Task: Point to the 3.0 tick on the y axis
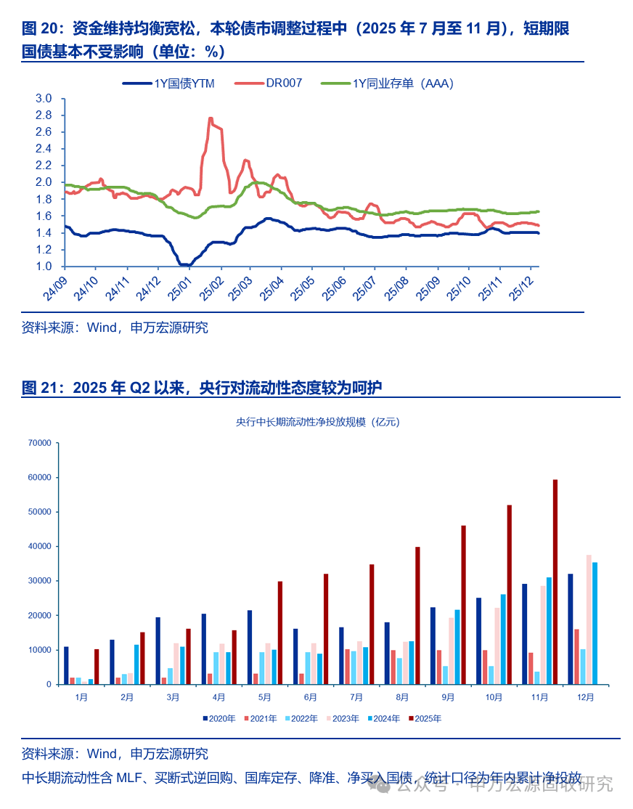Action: [x=44, y=99]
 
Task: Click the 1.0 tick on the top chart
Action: [x=44, y=267]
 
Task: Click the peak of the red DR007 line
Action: [x=210, y=119]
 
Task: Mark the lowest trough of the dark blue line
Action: [x=184, y=265]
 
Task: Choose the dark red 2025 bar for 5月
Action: [x=280, y=633]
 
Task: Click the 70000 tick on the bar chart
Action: [x=39, y=443]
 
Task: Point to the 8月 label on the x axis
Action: [x=403, y=697]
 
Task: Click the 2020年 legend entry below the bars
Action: [x=219, y=719]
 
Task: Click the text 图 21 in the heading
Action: [x=39, y=389]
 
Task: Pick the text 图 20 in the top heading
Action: [x=39, y=29]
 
